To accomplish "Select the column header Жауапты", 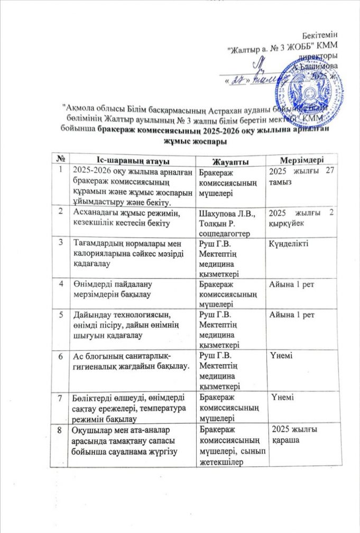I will (x=230, y=160).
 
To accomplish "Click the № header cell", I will (x=63, y=159).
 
